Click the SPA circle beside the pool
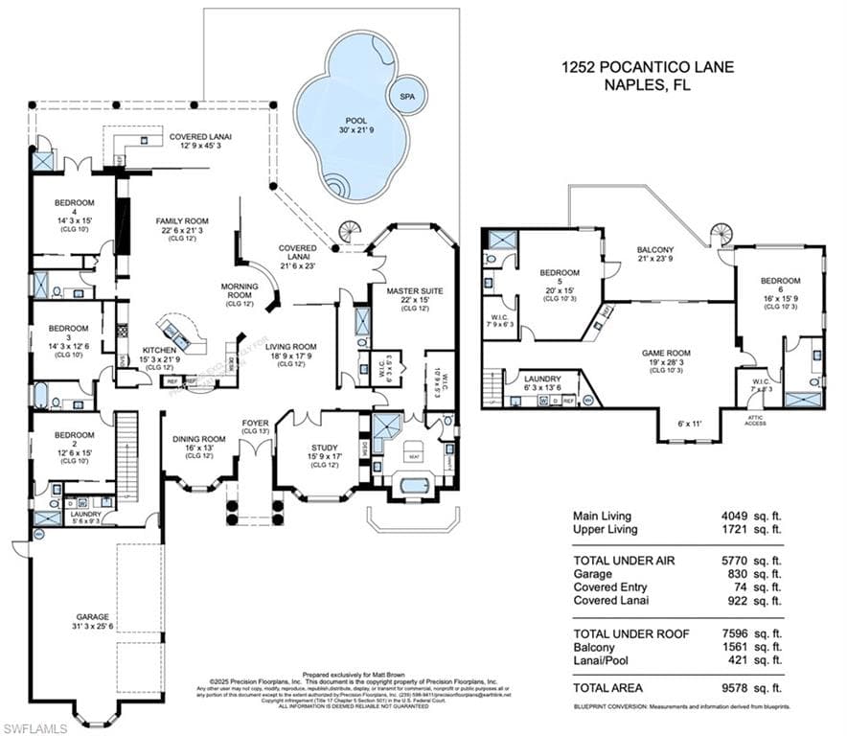[x=406, y=97]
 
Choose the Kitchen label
[x=160, y=352]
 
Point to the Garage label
[x=93, y=618]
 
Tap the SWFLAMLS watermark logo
[x=40, y=727]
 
